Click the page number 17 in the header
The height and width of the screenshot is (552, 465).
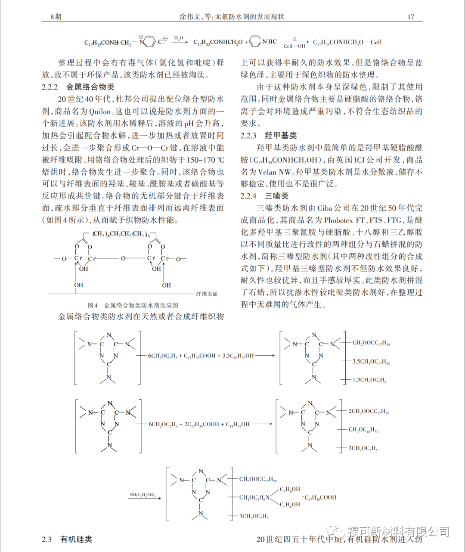[410, 17]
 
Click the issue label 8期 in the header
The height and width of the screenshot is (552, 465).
[56, 17]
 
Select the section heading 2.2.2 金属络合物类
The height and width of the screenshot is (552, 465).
[78, 87]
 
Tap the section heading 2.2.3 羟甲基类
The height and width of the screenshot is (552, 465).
[268, 136]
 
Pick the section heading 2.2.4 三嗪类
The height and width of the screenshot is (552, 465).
[264, 196]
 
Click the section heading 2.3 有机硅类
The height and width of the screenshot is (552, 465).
[67, 540]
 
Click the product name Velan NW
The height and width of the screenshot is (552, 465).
[274, 172]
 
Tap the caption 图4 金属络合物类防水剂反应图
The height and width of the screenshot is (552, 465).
[133, 305]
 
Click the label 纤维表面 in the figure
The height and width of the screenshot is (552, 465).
[207, 294]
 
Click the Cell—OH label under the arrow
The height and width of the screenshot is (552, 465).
[294, 46]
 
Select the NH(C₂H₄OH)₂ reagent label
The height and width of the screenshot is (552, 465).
[143, 495]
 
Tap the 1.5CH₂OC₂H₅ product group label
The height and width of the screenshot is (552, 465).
[369, 380]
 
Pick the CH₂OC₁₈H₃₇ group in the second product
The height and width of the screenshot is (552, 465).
[363, 430]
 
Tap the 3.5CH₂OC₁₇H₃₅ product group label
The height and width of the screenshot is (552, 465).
[371, 362]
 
